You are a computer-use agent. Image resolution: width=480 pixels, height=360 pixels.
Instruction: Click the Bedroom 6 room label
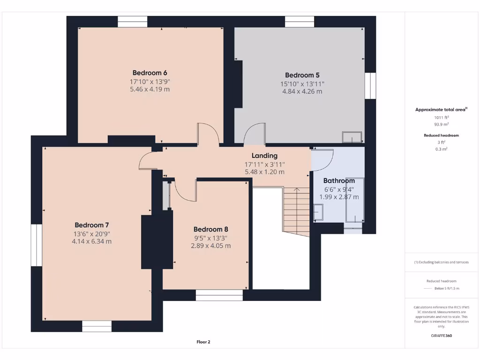tap(150, 73)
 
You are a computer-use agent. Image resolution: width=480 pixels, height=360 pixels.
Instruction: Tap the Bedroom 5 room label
tap(302, 75)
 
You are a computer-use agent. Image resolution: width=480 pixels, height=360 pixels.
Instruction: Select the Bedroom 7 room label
tap(91, 225)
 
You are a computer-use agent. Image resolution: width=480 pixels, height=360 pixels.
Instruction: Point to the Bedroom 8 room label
tap(210, 229)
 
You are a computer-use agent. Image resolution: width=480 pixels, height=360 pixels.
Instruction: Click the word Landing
tap(264, 156)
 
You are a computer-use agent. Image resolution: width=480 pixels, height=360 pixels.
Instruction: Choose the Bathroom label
tap(339, 180)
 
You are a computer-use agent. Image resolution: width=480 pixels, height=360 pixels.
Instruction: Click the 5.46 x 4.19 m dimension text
tap(150, 89)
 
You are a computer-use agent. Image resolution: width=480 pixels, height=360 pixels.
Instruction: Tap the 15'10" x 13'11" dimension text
tap(302, 83)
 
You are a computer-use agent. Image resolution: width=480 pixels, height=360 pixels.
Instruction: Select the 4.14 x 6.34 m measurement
tap(91, 241)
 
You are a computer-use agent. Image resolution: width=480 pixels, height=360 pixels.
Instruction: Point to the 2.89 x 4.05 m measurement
tap(210, 246)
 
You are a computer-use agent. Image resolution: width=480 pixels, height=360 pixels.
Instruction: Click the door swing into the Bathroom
tap(322, 159)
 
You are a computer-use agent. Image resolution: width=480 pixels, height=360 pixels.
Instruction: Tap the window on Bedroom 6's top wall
tap(132, 22)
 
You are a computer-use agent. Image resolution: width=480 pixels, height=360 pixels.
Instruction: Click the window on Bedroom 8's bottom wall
tap(219, 295)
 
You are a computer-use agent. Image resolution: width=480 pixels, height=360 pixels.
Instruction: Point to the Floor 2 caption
tap(203, 342)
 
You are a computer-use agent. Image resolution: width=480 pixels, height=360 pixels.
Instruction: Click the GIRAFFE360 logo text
tap(441, 336)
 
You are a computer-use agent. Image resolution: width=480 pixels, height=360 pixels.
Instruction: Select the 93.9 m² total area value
tap(441, 125)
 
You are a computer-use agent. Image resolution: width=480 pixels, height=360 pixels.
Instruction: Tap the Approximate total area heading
tap(441, 110)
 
